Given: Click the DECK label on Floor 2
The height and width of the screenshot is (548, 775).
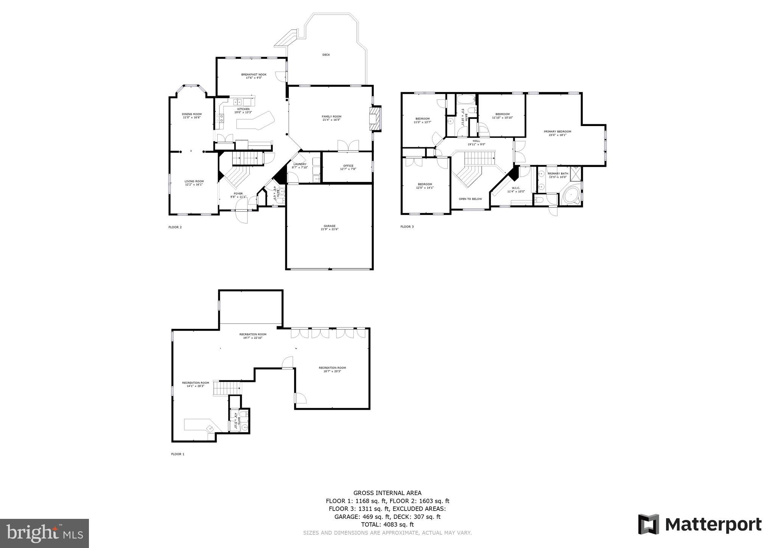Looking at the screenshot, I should click(326, 55).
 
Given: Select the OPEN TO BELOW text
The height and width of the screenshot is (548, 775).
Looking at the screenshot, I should click(470, 199).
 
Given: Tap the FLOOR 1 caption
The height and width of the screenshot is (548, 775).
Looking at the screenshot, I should click(177, 454).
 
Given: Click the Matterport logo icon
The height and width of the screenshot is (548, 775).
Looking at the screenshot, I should click(648, 525).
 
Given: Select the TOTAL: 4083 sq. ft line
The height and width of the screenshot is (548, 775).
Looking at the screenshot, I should click(387, 525).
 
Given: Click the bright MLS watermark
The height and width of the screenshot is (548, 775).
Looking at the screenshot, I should click(44, 534).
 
